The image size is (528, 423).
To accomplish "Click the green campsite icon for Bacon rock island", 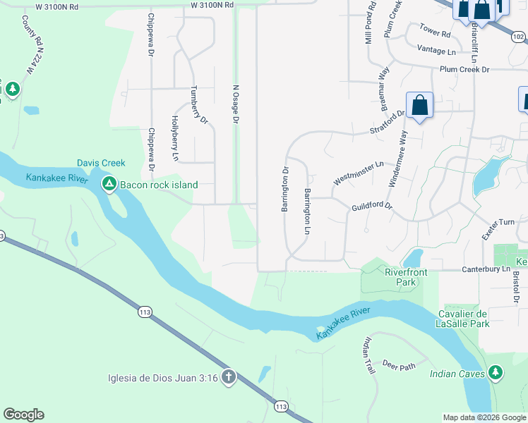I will [109, 185].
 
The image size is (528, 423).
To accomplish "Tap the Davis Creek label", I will [101, 163].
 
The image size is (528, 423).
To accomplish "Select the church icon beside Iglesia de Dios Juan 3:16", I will [228, 377].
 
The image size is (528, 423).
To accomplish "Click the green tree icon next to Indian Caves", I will [496, 373].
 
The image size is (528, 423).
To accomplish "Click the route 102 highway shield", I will [519, 36].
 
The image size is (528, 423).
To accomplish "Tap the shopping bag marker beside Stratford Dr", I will [419, 106].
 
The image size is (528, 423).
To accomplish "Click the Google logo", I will [23, 415].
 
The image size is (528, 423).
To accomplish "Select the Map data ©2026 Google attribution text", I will [484, 417].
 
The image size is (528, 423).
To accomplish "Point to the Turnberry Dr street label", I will [199, 106].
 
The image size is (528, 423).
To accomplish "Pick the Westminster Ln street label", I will [358, 173].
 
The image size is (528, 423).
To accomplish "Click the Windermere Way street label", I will [396, 159].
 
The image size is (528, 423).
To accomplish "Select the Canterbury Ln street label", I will [485, 269].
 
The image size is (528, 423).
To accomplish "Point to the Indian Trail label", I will [368, 356].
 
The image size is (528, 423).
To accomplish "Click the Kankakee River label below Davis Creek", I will [57, 178].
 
